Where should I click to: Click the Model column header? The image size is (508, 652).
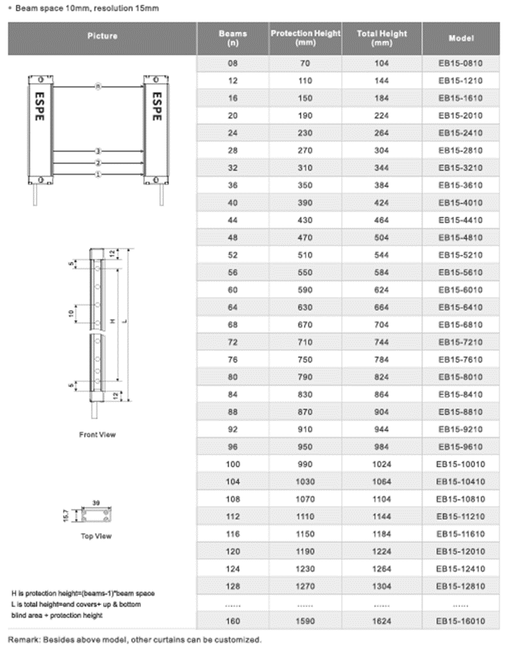coord(460,38)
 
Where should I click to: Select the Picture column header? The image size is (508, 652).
coord(102,36)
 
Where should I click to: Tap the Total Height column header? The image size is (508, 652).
coord(382,38)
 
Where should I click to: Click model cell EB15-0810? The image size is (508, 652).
coord(460,64)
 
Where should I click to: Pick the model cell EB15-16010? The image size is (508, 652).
coord(460,621)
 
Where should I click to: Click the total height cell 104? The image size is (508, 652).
coord(382,64)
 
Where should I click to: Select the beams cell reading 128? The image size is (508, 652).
coord(232,586)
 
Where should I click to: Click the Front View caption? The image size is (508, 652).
coord(98,435)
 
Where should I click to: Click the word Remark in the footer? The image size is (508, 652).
coord(23,640)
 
